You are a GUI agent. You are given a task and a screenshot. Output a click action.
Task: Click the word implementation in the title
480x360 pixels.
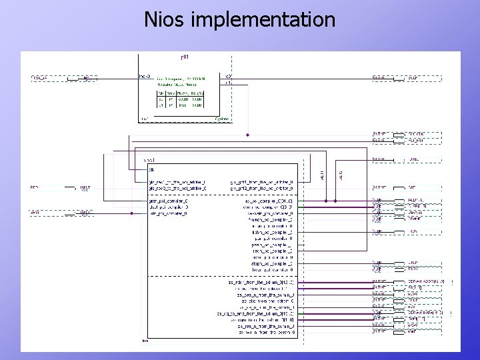point(263,20)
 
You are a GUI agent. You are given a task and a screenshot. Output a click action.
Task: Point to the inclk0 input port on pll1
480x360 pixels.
point(145,77)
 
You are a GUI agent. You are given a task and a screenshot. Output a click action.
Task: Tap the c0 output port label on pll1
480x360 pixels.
point(228,77)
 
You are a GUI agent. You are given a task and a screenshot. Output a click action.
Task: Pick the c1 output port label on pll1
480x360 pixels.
point(228,83)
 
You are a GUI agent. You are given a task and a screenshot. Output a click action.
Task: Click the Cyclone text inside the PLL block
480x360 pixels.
point(222,119)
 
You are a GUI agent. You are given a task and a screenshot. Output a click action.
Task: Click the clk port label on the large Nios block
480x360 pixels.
point(152,169)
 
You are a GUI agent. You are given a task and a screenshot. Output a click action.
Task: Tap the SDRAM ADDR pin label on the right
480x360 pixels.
point(430,282)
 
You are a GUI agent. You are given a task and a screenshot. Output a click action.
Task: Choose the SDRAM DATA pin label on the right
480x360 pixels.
point(430,313)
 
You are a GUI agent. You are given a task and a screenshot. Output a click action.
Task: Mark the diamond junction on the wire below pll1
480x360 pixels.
point(247,135)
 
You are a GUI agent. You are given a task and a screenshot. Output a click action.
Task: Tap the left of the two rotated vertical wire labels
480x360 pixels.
point(323,175)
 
